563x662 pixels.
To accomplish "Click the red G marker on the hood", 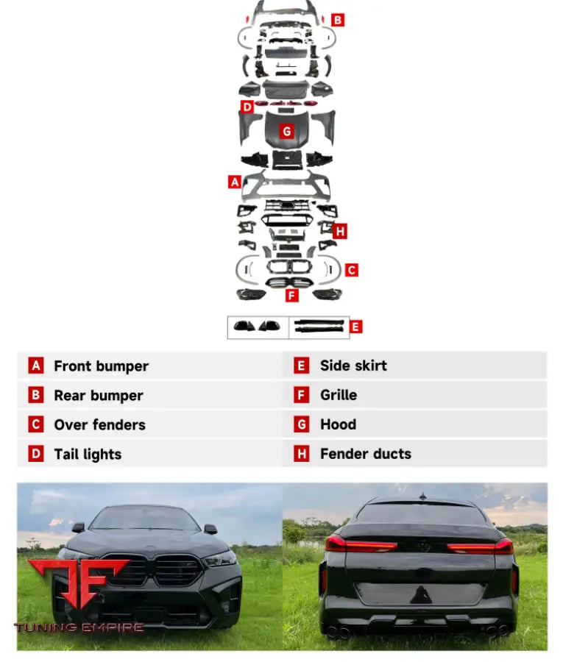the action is point(287,132).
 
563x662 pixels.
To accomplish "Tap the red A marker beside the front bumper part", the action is point(235,182).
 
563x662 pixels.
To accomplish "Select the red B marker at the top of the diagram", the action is point(338,20).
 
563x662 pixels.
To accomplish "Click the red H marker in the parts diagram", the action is point(340,232).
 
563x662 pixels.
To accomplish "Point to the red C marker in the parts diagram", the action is point(351,270).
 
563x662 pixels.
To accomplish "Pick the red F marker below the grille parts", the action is point(291,295).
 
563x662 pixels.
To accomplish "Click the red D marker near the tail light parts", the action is point(247,107).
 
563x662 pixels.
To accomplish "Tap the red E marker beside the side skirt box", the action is point(355,327).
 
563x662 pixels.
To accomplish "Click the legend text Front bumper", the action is point(102,366).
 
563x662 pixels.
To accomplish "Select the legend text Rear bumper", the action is point(99,396).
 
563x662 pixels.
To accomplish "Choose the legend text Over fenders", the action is point(99,424).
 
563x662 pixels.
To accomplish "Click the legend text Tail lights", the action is point(88,455).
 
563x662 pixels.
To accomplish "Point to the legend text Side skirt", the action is point(353,366).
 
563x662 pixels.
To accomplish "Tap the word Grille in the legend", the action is point(339,395).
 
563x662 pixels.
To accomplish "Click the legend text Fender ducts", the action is point(366,454).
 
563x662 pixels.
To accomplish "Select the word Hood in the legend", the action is point(339,424).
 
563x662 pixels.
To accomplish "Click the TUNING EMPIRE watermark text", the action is point(79,627).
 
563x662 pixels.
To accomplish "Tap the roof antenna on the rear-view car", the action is point(422,496).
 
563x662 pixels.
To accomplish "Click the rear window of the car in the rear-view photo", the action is point(419,514).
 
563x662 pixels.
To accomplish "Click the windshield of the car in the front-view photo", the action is point(144,519).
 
